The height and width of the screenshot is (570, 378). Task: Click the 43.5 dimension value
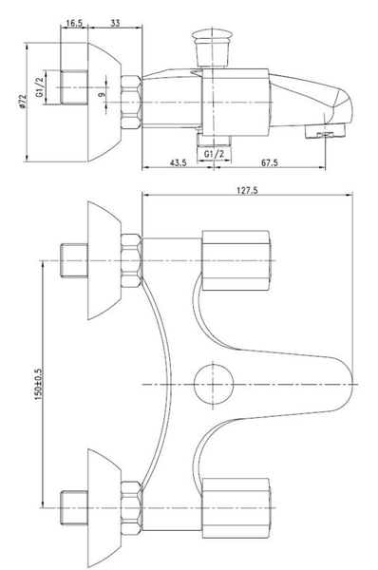[177, 162]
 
